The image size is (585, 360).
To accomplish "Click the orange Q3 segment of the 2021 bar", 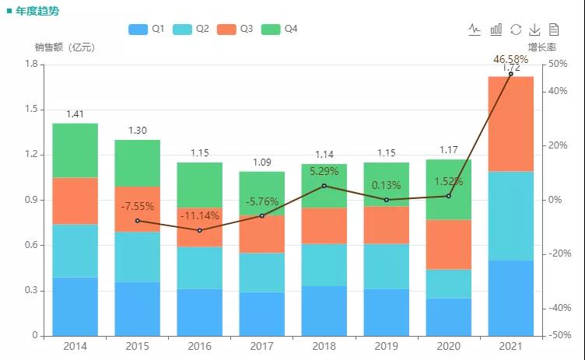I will point(510,124).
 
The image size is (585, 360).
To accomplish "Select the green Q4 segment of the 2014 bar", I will point(75,150).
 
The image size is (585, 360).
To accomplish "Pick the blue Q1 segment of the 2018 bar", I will point(324,311).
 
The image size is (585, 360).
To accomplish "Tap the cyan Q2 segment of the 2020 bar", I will point(448,284).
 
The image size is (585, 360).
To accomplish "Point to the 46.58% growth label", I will point(510,59).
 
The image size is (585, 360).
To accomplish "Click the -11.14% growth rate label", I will point(200,215).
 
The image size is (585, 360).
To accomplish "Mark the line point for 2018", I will point(324,186).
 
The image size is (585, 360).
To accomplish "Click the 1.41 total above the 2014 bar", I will point(75,114).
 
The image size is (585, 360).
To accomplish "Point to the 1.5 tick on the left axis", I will point(30,109).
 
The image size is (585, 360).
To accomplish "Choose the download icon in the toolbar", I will point(534,30).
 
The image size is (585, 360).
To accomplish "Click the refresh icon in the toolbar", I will point(516,30).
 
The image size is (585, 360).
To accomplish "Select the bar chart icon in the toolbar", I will point(496,30).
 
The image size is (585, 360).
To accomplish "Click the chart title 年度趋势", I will point(37,11).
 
